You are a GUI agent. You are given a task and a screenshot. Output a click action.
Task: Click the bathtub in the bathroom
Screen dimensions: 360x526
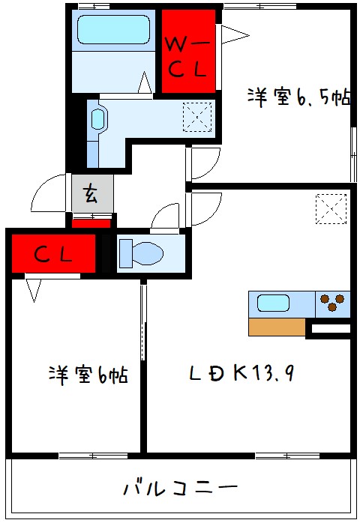pos(113,29)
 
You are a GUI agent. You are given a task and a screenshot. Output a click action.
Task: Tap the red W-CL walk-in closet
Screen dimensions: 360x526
pos(188,51)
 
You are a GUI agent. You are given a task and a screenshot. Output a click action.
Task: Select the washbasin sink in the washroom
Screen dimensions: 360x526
pos(98,119)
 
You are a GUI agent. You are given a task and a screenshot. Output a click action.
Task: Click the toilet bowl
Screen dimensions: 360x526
pos(142,253)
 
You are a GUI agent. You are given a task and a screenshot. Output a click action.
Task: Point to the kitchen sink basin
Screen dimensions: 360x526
pos(273,303)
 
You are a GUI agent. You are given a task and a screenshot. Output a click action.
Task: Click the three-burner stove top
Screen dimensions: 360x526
pos(332,303)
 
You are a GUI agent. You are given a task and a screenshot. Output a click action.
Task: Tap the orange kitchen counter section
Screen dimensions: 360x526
pos(277,327)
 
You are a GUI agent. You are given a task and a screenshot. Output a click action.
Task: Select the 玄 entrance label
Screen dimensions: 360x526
pos(91,194)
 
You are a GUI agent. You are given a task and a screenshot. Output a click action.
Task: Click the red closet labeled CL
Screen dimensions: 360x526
pos(54,253)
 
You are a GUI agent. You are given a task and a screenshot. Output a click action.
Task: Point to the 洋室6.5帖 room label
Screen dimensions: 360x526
pos(299,97)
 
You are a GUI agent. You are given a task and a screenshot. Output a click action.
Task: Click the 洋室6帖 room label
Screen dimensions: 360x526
pos(88,375)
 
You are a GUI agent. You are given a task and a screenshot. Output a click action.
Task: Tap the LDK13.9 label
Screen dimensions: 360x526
pos(242,372)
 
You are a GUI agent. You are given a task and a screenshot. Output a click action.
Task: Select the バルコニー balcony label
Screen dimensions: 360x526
pos(181,488)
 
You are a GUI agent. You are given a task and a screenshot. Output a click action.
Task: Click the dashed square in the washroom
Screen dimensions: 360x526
pos(197,117)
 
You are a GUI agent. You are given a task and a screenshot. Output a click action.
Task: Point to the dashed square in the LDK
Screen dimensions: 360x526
pos(331,208)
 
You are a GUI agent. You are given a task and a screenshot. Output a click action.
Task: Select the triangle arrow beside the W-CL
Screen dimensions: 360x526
pos(235,34)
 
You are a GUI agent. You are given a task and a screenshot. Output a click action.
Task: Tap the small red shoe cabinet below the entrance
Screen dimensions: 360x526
pos(91,223)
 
